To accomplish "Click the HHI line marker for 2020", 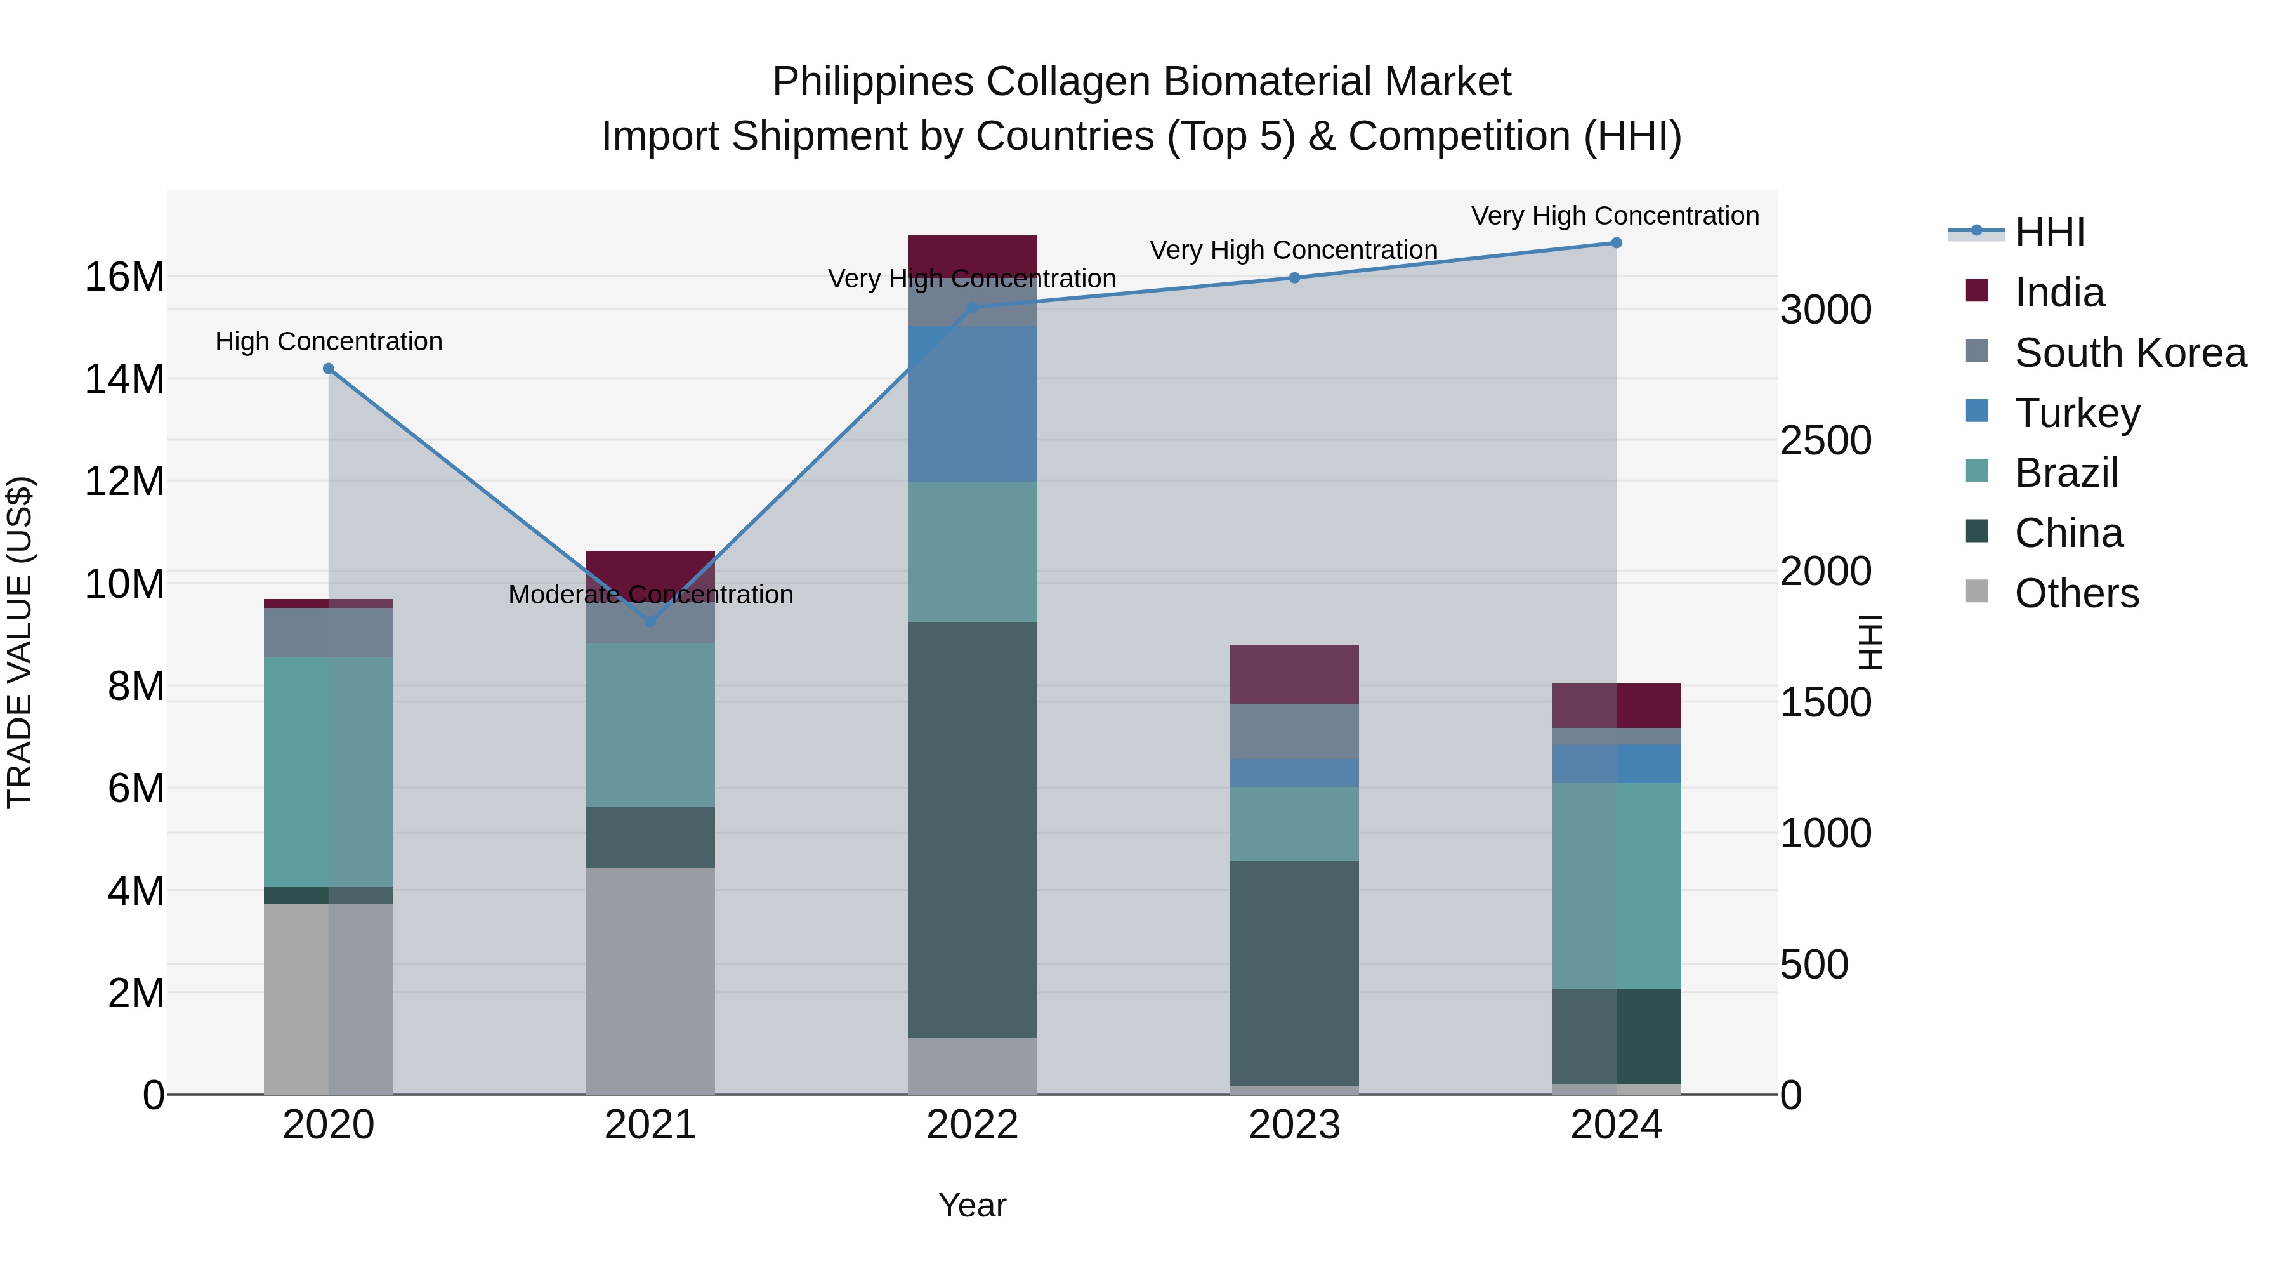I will [x=328, y=369].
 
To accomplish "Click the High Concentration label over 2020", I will [x=328, y=341].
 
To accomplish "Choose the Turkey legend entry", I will [x=2077, y=413].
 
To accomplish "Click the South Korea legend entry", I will [x=2130, y=353].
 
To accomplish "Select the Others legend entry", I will [x=2077, y=593].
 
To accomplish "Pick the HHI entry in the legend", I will [x=2049, y=232].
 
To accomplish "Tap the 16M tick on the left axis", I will [x=124, y=277].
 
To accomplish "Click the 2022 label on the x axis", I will [x=972, y=1125].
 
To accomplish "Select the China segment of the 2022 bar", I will [x=972, y=829].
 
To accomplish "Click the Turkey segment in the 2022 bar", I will [x=972, y=404].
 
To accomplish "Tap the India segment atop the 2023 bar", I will [x=1294, y=674].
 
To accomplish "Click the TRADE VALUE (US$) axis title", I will [x=20, y=642].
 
